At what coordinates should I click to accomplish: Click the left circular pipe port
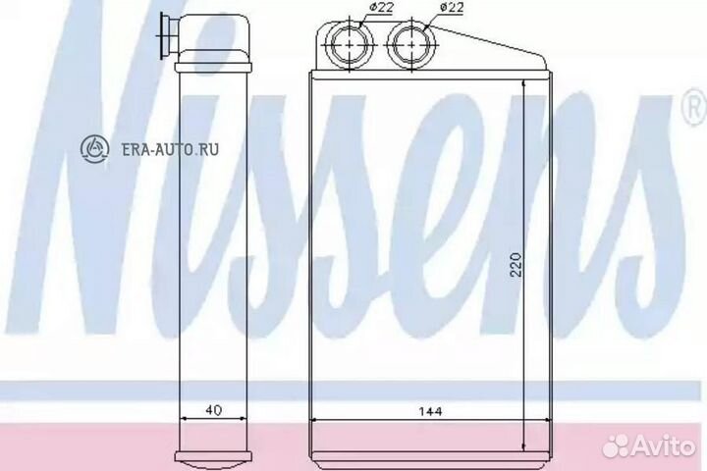click(348, 44)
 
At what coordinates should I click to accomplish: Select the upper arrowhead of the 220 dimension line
click(526, 87)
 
